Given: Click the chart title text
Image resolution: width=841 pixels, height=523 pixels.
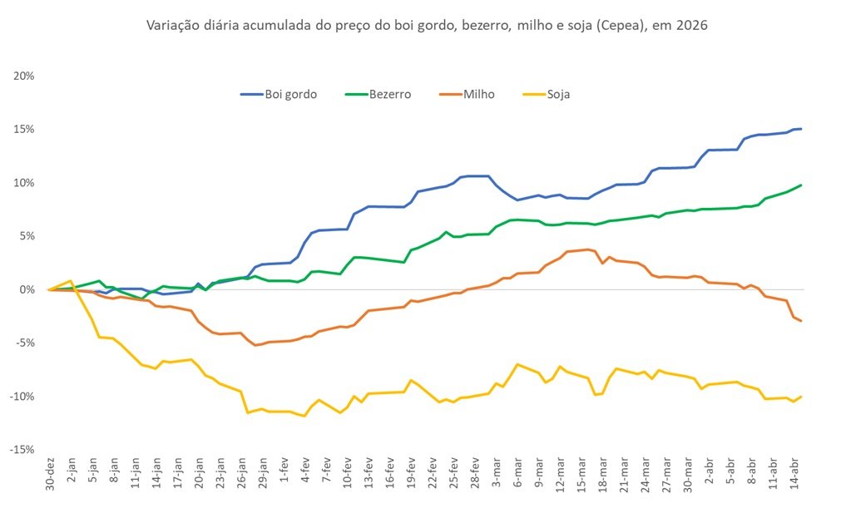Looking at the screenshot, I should [427, 26].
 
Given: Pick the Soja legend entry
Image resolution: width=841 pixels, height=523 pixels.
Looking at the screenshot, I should [557, 94].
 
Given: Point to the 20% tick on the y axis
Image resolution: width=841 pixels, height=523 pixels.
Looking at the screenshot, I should [23, 76].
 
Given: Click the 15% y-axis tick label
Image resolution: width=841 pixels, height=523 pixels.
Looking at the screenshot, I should [23, 129].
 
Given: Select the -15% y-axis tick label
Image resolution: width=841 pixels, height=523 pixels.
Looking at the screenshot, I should [22, 449].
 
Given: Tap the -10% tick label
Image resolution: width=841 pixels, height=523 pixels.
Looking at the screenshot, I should [22, 396].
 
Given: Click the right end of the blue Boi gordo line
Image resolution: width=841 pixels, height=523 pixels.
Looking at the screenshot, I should [800, 129].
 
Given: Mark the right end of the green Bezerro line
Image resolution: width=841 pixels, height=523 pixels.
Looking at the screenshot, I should [800, 185].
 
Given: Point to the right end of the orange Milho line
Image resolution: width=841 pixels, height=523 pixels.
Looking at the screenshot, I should [800, 321].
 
